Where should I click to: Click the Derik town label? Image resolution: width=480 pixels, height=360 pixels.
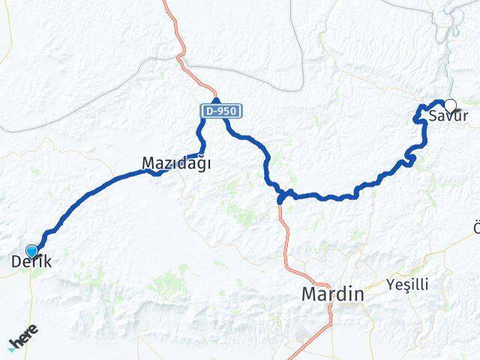(31, 263)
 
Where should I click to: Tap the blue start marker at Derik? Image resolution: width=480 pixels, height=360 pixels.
(31, 250)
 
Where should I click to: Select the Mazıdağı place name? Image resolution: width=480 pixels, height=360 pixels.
(177, 162)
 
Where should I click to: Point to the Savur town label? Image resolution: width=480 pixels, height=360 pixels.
(448, 116)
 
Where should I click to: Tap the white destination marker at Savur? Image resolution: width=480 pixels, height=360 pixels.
(450, 105)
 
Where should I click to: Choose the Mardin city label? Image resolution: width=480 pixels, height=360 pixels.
(332, 295)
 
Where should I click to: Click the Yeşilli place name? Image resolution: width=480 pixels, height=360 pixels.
(407, 284)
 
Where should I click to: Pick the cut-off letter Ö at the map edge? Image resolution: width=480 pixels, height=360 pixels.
(476, 227)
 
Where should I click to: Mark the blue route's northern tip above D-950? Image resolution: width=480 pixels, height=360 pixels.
(216, 100)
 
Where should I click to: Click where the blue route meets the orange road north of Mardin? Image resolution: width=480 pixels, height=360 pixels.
(281, 197)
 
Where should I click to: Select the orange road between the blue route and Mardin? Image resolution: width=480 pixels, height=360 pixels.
(286, 240)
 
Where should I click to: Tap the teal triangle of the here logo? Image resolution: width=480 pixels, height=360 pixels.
(11, 349)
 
